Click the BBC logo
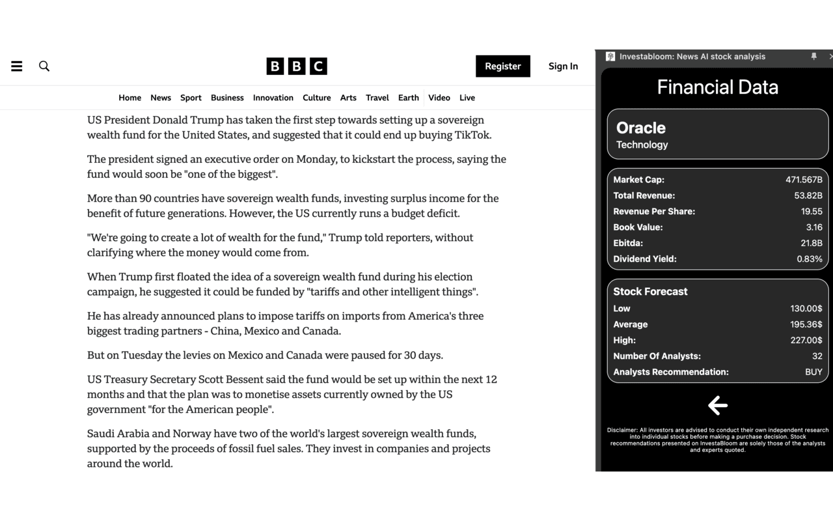297,66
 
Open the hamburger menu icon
17,66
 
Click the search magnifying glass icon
44,66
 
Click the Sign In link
563,66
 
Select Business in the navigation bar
227,98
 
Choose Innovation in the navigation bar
273,98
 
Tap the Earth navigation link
409,98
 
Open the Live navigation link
467,98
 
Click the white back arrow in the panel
717,406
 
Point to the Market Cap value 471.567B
804,180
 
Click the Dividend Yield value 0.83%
810,259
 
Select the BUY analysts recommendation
813,372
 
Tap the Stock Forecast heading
650,291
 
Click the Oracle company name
641,128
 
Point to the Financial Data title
717,87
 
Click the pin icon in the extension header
813,57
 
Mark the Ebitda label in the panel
628,243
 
